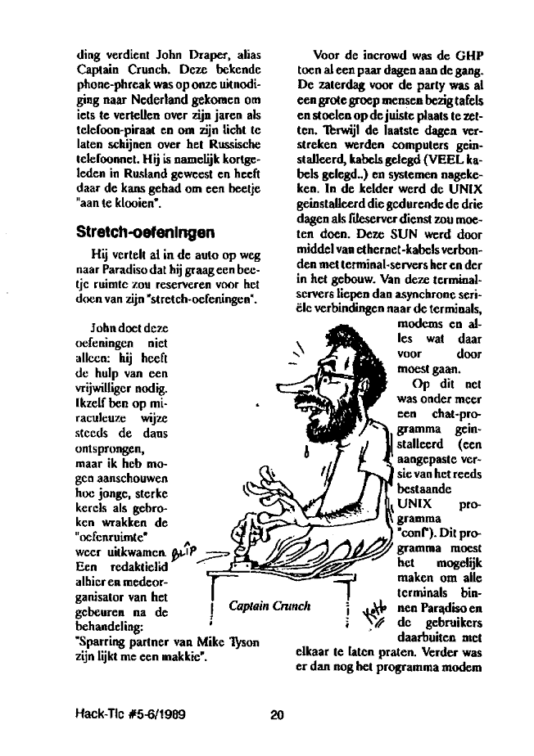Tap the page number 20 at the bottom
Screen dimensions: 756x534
277,714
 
